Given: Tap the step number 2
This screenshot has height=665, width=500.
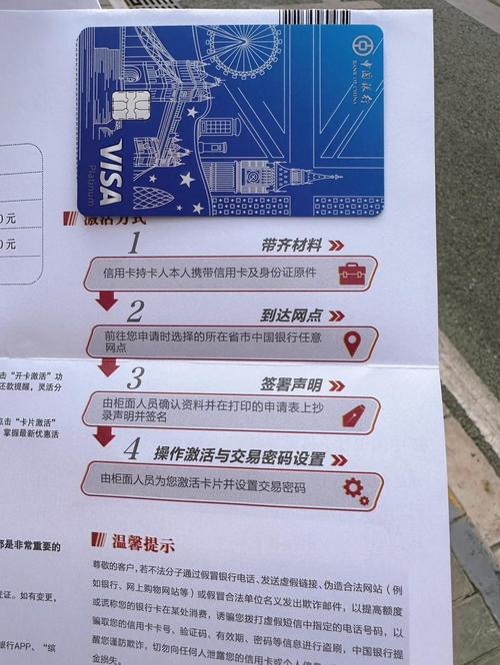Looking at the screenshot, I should point(135,311).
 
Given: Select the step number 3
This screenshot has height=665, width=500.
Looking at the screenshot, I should point(135,378).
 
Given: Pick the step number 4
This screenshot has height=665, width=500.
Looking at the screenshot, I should point(131,448).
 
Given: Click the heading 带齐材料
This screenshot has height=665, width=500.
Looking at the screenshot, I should point(291,245).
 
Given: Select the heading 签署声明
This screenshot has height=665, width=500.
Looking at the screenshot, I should point(292,384).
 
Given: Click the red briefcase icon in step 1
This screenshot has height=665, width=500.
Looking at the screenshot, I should point(349,274).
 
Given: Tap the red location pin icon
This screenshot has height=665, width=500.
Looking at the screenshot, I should point(352,343).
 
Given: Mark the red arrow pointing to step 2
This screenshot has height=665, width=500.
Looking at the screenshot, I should point(106,301).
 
